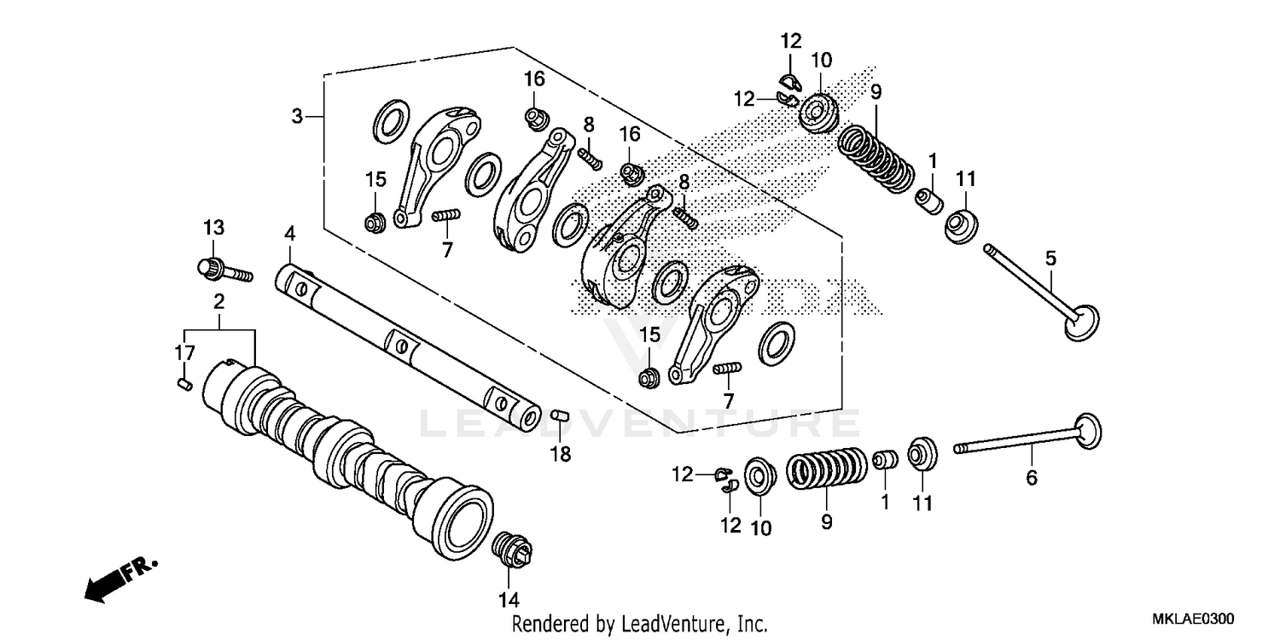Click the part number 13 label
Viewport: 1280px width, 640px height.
click(x=213, y=228)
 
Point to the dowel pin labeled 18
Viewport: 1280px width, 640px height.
click(x=559, y=416)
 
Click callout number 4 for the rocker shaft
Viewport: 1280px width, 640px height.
click(x=290, y=233)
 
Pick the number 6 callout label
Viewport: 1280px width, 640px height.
click(x=1032, y=479)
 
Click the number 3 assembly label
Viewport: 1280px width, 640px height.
click(x=297, y=116)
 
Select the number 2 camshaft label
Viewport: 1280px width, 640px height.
click(x=219, y=301)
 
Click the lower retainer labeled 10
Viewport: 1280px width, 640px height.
click(x=755, y=474)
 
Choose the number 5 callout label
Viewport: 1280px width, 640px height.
click(x=1050, y=257)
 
